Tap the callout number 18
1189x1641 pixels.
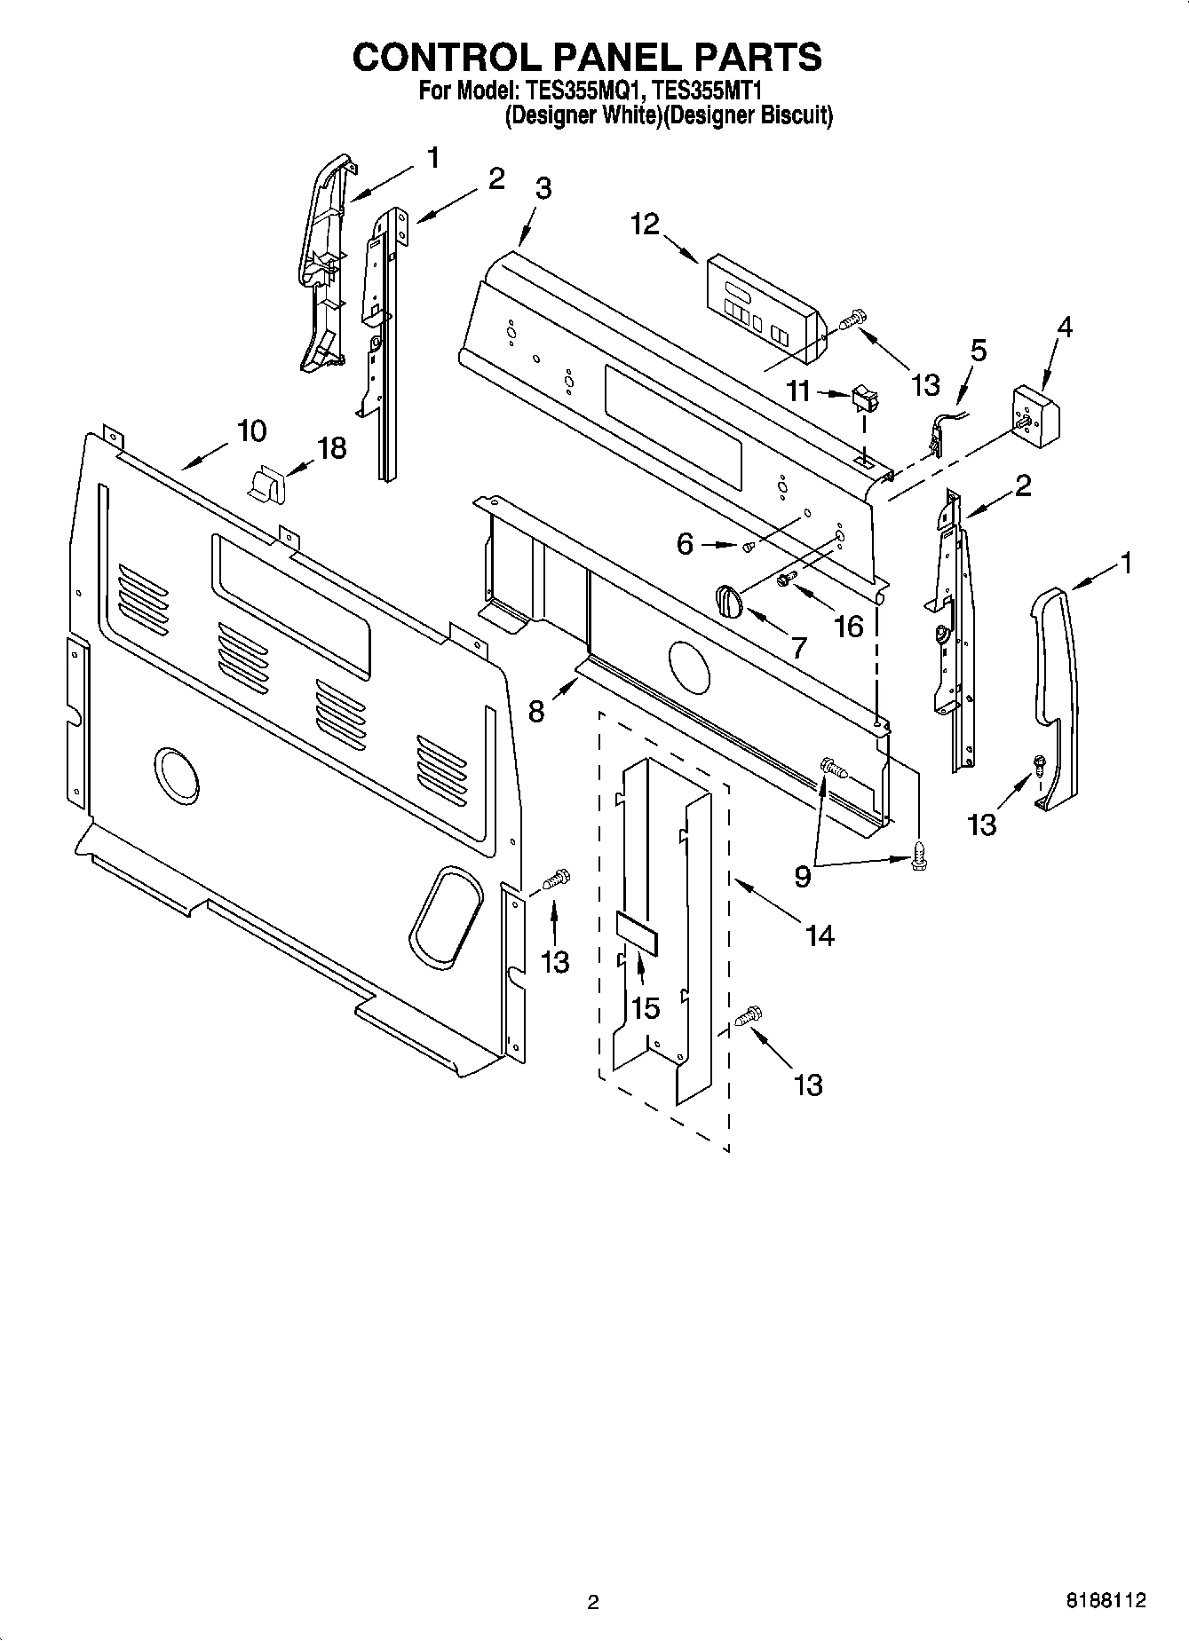point(331,448)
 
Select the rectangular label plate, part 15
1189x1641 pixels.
point(637,932)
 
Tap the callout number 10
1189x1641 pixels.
point(251,431)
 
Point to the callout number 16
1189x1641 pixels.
point(849,627)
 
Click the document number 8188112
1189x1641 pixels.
point(1105,1600)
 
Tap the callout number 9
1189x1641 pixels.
point(802,877)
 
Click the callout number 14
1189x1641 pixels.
point(819,935)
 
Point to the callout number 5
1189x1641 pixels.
point(977,350)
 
